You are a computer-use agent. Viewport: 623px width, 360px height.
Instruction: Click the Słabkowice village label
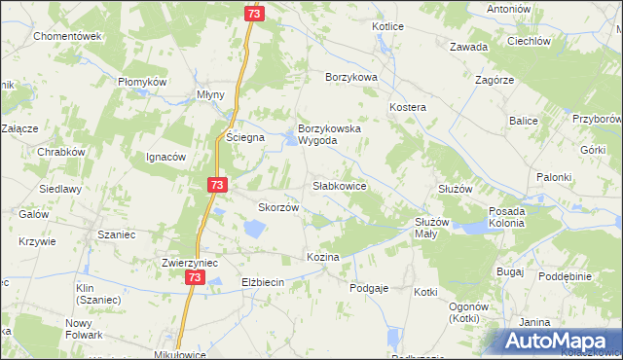tap(339, 185)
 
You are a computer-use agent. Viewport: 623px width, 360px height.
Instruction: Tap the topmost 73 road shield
tap(253, 14)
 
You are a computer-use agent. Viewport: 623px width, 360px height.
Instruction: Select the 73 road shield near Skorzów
tap(217, 185)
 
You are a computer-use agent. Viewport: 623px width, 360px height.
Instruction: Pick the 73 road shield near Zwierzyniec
tap(195, 278)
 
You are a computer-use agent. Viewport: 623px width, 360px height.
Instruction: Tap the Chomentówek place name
tap(67, 36)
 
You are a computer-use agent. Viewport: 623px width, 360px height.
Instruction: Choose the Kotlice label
tap(387, 26)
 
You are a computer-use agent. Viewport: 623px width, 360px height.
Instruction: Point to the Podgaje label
tap(369, 287)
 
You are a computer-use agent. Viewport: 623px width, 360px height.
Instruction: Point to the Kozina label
tap(322, 257)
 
